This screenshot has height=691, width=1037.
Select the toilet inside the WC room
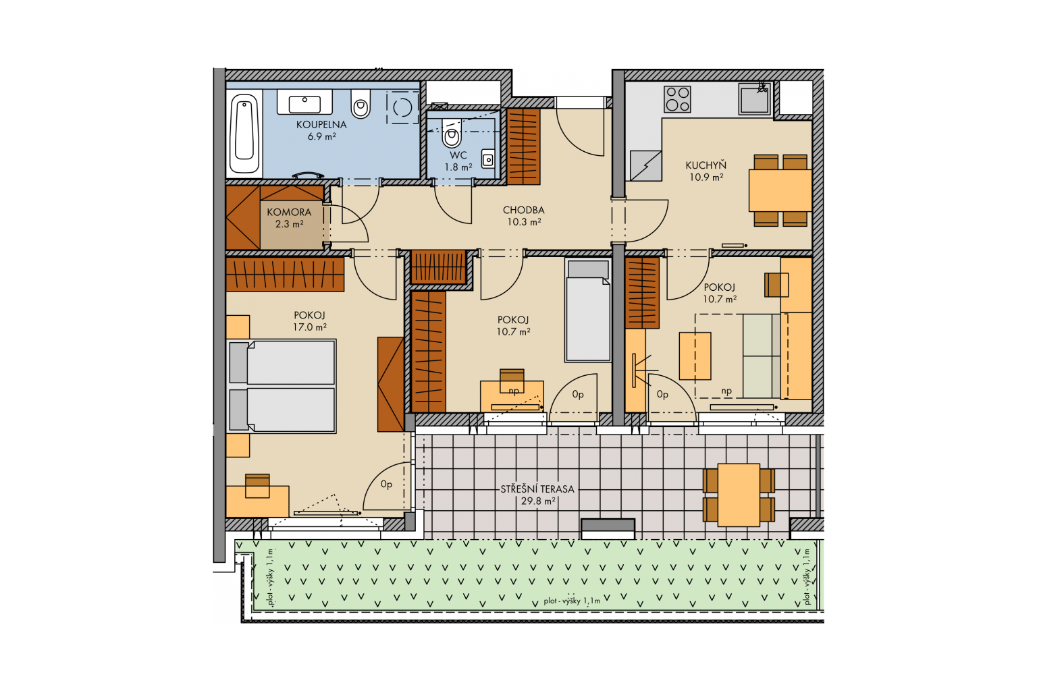452,133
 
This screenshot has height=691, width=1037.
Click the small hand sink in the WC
488,159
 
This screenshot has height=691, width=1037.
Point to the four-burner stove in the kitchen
677,99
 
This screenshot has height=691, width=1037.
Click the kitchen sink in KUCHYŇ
755,99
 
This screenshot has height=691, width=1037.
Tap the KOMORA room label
289,213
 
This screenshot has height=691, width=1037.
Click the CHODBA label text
524,210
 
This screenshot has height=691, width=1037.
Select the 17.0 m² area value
309,327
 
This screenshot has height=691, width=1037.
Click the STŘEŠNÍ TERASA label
537,489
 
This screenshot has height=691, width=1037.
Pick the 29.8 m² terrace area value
538,501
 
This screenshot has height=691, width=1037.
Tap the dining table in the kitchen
780,191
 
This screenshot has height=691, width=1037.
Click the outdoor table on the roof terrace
739,495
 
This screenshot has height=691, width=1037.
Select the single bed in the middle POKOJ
587,310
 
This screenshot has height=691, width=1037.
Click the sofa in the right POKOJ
762,356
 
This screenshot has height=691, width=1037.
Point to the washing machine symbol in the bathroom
402,107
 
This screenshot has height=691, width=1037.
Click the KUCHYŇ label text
706,165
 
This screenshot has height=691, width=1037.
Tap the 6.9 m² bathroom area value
321,136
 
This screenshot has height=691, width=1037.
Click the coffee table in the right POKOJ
695,356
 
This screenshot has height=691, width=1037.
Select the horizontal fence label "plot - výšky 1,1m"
572,601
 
